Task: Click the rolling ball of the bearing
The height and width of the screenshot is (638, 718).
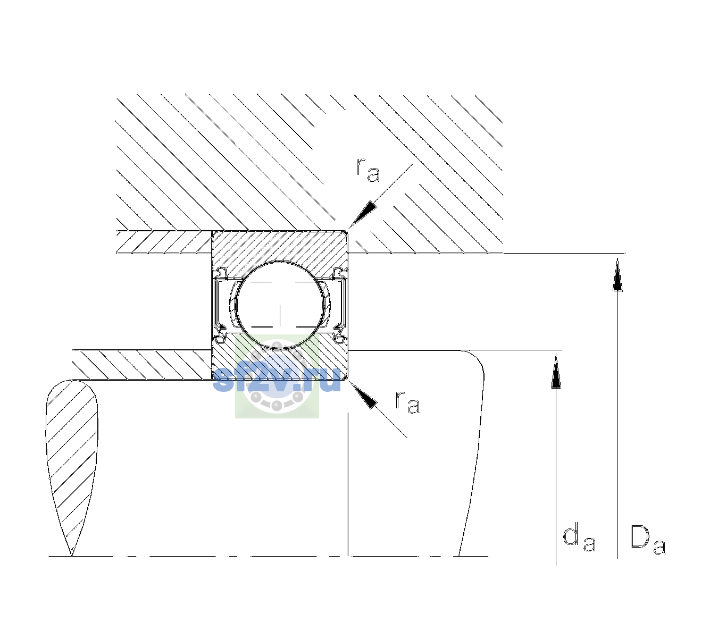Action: point(280,305)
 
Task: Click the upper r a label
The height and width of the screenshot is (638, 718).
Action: point(368,170)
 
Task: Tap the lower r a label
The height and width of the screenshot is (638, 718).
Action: point(407,403)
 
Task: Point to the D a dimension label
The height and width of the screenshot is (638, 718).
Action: point(648,541)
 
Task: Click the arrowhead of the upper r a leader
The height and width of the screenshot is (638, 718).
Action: point(363,214)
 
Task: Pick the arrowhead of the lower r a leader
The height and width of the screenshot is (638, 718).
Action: point(363,395)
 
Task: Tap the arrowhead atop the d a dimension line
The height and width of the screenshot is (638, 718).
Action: point(556,371)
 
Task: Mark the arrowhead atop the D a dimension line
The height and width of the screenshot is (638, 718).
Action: point(617,274)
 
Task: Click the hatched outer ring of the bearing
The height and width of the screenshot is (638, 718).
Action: point(280,246)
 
